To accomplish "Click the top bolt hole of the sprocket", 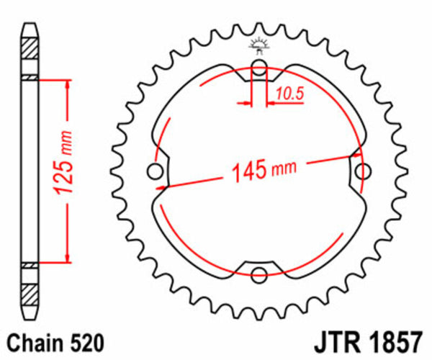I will click(x=260, y=72).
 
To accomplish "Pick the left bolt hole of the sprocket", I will click(x=154, y=171).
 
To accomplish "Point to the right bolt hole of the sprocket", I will click(x=365, y=171).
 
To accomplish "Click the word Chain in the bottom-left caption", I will click(x=32, y=340).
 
